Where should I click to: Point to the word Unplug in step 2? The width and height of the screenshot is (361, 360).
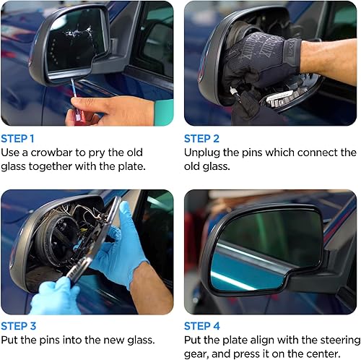coord(204,153)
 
